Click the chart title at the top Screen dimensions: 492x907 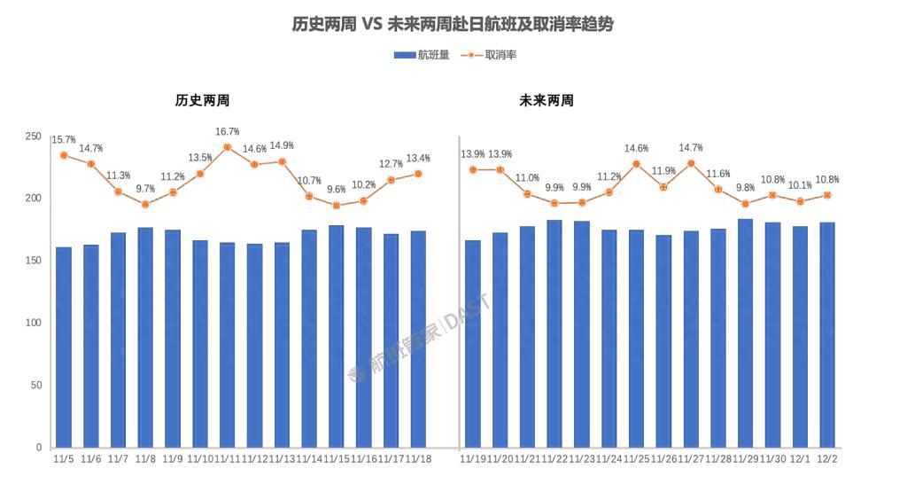click(453, 25)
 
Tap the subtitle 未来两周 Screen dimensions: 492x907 click(546, 101)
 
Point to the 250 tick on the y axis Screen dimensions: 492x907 click(33, 136)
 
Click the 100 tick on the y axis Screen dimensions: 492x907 click(33, 323)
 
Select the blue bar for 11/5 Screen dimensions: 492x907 click(64, 347)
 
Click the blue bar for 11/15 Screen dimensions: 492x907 click(337, 336)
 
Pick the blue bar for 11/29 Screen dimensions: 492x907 click(745, 332)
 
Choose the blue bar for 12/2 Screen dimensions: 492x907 click(827, 334)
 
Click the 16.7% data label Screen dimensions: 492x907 click(228, 132)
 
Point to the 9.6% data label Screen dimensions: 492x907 click(337, 190)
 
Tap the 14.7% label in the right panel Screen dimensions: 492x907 click(690, 148)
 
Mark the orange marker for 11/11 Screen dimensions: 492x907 click(228, 147)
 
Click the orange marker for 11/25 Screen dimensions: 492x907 click(636, 164)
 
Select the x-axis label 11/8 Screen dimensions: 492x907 click(146, 458)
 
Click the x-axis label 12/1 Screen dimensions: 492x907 click(800, 458)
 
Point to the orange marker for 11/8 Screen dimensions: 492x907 click(146, 204)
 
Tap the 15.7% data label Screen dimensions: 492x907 click(64, 140)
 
